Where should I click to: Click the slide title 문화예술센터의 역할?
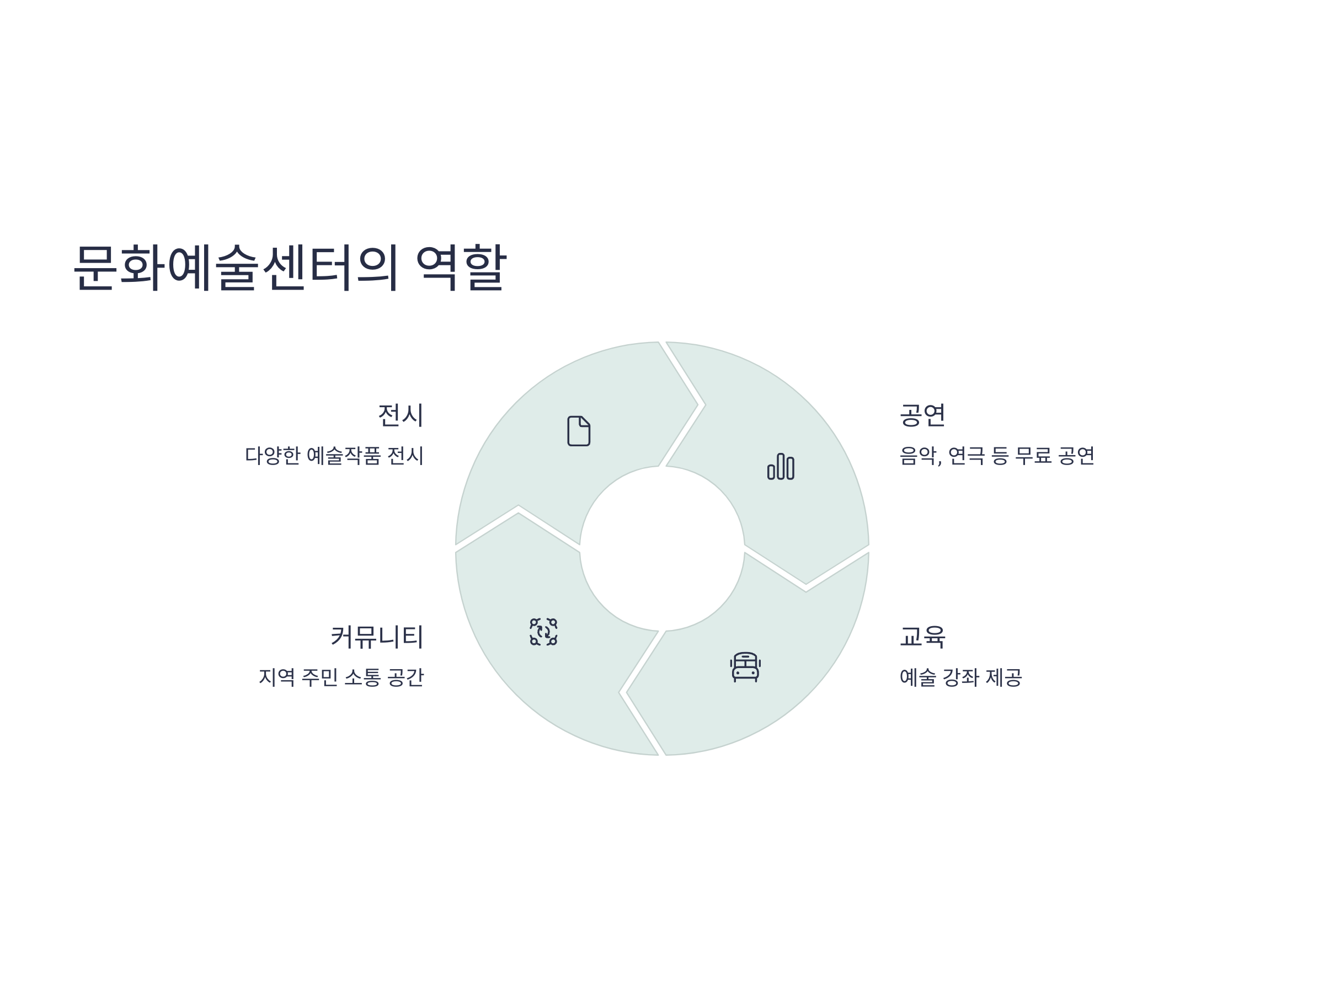pyautogui.click(x=290, y=268)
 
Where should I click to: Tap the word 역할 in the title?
pyautogui.click(x=461, y=268)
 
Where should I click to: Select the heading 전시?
pyautogui.click(x=401, y=415)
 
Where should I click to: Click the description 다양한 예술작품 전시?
pyautogui.click(x=334, y=456)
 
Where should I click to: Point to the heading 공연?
pyautogui.click(x=922, y=415)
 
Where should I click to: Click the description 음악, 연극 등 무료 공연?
pyautogui.click(x=997, y=456)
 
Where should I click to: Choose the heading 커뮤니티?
pyautogui.click(x=377, y=636)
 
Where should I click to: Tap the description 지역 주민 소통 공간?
pyautogui.click(x=341, y=677)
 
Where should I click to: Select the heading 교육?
pyautogui.click(x=922, y=636)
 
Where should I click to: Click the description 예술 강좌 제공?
pyautogui.click(x=960, y=677)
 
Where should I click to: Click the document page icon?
pyautogui.click(x=579, y=431)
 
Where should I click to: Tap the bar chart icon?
pyautogui.click(x=781, y=466)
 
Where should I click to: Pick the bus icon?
pyautogui.click(x=745, y=667)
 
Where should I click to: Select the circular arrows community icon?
pyautogui.click(x=543, y=632)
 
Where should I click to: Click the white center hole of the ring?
pyautogui.click(x=662, y=548)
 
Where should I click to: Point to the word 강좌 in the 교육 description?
pyautogui.click(x=960, y=677)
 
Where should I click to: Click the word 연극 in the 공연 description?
pyautogui.click(x=967, y=456)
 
